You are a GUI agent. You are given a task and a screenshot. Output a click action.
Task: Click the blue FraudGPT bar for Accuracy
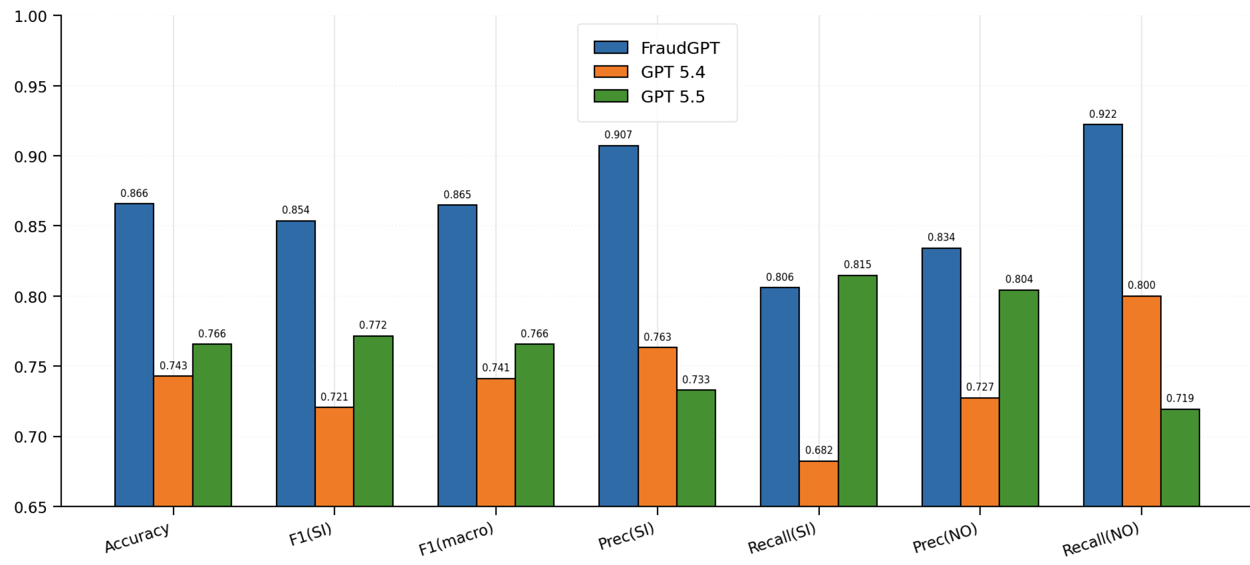(x=134, y=354)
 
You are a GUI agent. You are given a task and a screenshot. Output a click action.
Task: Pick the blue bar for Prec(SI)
(x=618, y=325)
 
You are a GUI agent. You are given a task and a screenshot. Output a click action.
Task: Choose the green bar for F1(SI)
(x=373, y=420)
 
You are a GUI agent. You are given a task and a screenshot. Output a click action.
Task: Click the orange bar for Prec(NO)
(x=979, y=452)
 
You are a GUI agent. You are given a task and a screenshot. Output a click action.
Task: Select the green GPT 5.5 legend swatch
(x=610, y=96)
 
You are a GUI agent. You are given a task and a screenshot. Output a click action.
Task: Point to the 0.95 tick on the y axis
(x=30, y=87)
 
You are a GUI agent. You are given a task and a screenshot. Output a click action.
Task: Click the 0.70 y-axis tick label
(x=30, y=437)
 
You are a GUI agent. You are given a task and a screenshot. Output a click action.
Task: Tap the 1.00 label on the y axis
(x=30, y=17)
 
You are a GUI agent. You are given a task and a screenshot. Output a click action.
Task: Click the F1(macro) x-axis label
(x=456, y=539)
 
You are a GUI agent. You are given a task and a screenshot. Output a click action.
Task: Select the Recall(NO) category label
(x=1101, y=539)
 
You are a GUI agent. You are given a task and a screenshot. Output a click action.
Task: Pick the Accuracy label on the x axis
(x=137, y=537)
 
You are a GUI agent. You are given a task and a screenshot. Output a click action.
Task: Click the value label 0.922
(x=1103, y=114)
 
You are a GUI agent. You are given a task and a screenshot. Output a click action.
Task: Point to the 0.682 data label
(x=818, y=450)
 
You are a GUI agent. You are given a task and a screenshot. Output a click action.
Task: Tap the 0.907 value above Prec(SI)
(x=618, y=135)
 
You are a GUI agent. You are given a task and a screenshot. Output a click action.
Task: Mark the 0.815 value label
(x=857, y=265)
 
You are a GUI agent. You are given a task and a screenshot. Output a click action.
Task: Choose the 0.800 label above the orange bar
(x=1141, y=285)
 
